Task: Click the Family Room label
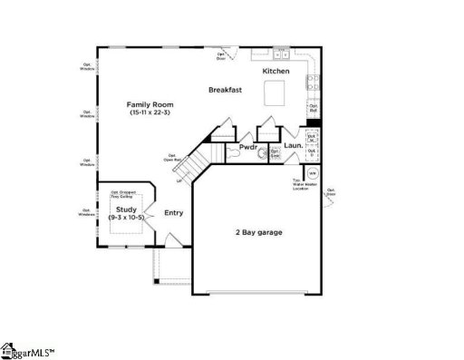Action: [x=150, y=105]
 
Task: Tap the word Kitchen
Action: [x=275, y=71]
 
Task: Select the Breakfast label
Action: [x=224, y=90]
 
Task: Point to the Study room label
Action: [x=126, y=209]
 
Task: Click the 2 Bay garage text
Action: [x=258, y=233]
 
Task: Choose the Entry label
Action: [x=173, y=214]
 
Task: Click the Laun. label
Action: [x=293, y=145]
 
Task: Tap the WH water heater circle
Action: [x=313, y=171]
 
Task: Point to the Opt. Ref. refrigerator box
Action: [x=313, y=108]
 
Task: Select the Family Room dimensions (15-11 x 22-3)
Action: [x=150, y=114]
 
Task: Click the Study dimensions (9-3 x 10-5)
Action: [x=126, y=218]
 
